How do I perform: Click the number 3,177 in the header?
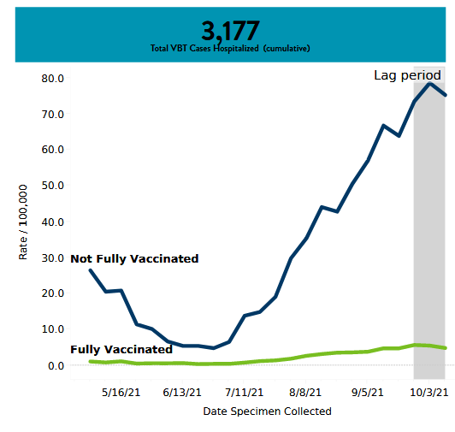click(230, 31)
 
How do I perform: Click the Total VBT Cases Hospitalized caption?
click(230, 49)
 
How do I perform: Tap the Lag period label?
click(407, 75)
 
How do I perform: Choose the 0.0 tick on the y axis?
click(56, 365)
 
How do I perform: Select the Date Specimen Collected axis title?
click(267, 411)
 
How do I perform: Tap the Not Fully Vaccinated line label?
click(134, 258)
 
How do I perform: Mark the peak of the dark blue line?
click(430, 84)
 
